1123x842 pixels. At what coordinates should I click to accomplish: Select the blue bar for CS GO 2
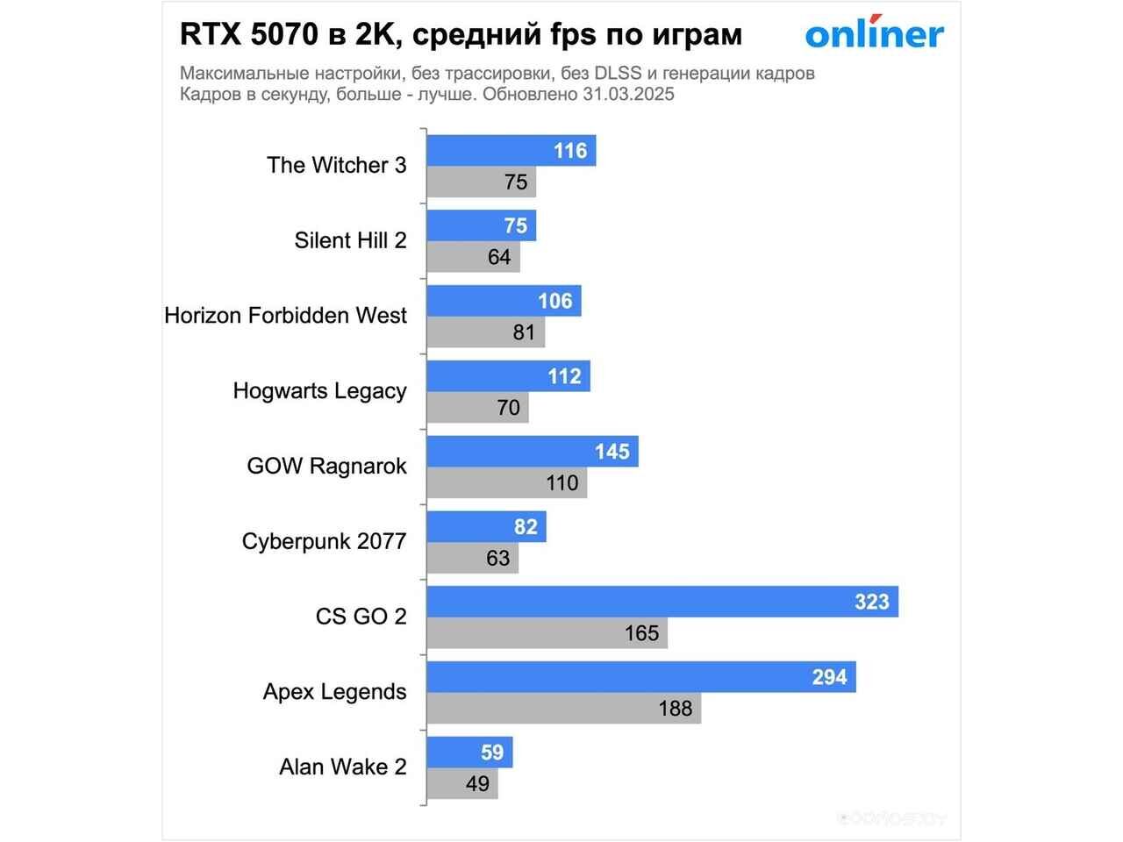point(662,602)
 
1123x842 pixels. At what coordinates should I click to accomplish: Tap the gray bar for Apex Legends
point(563,708)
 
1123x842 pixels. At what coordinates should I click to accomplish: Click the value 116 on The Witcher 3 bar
point(570,151)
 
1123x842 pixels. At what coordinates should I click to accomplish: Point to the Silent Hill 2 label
point(350,240)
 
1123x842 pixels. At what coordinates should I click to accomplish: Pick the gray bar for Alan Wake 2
point(462,783)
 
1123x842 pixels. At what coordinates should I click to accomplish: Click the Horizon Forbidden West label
point(285,316)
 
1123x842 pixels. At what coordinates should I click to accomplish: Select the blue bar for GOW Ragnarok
point(533,452)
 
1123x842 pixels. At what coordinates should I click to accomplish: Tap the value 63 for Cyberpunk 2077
point(497,558)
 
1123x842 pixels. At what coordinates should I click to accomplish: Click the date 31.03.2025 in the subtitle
point(628,95)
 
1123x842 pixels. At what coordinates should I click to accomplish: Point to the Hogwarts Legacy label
point(319,391)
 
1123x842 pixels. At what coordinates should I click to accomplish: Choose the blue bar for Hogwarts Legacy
point(508,376)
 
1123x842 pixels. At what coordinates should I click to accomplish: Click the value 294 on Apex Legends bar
point(829,677)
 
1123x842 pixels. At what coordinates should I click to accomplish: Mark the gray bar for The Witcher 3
point(481,182)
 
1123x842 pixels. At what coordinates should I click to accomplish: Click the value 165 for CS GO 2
point(641,633)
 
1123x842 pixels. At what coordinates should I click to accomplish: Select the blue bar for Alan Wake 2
point(469,753)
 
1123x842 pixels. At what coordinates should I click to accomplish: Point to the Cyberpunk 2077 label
point(324,541)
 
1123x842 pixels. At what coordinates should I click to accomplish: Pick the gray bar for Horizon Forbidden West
point(485,332)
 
